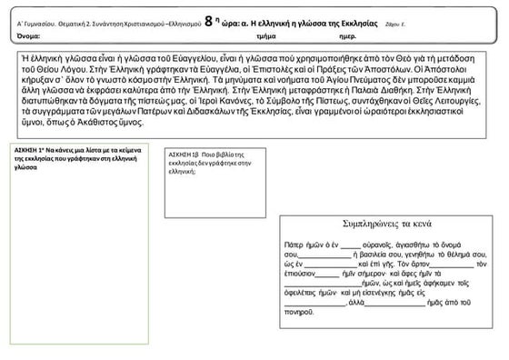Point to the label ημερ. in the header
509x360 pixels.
[x=347, y=35]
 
